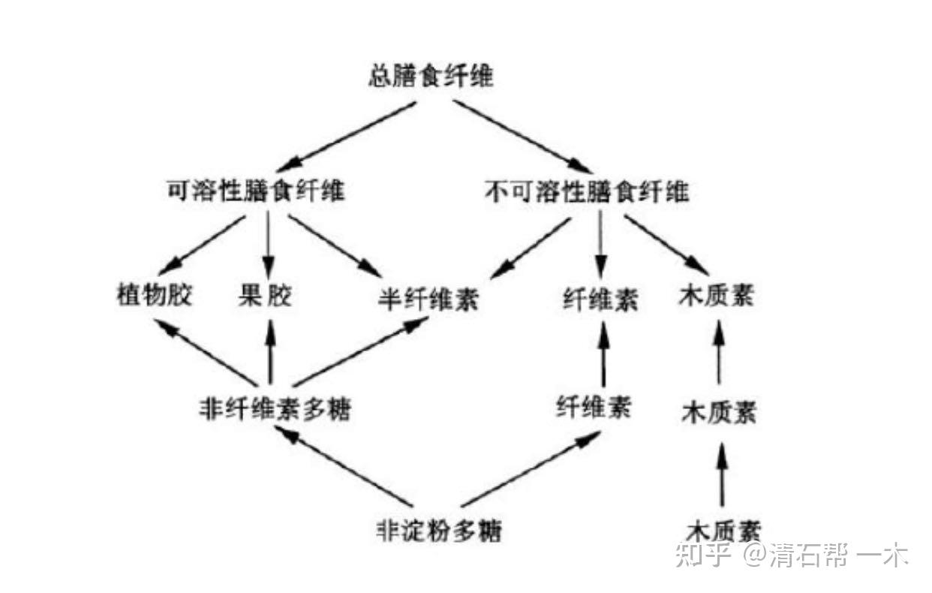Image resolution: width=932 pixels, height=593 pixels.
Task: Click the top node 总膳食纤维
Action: pos(431,76)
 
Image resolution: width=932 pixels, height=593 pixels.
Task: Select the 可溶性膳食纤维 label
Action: pos(256,191)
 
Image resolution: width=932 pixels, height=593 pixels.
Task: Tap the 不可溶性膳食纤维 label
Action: pos(587,192)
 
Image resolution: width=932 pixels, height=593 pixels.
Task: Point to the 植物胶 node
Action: pos(155,295)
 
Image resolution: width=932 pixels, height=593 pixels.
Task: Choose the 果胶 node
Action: pos(265,296)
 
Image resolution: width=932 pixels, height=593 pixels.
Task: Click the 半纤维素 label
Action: pos(428,298)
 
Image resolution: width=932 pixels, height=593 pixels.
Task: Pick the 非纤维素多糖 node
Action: pos(275,408)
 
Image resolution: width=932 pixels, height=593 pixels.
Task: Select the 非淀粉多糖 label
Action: pos(438,530)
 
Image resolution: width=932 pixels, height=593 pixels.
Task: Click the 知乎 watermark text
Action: pos(702,555)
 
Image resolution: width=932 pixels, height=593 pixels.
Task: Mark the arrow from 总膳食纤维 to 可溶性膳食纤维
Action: pos(346,137)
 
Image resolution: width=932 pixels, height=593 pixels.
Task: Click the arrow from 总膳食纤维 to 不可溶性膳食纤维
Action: pos(522,137)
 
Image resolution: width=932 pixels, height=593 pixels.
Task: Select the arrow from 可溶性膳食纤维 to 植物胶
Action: pos(201,245)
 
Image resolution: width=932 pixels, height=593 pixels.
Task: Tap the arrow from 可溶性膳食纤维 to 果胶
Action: pos(268,245)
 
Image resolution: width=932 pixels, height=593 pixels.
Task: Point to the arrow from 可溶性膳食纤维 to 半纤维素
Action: pos(335,246)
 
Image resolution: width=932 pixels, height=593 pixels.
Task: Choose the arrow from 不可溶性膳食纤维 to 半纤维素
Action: pos(531,248)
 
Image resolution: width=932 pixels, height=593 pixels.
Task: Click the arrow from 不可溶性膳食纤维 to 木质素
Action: pos(666,245)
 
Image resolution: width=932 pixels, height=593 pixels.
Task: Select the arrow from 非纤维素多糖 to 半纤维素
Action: pos(361,351)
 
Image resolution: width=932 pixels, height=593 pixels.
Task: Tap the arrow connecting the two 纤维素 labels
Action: pos(604,354)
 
